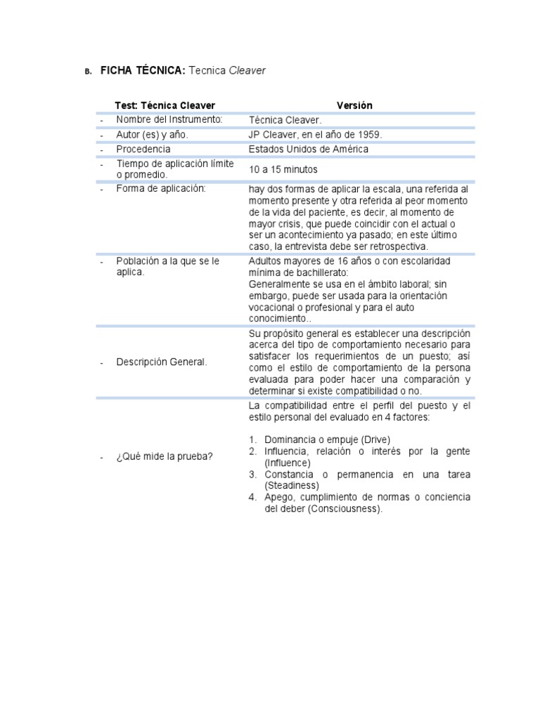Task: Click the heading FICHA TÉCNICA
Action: pyautogui.click(x=143, y=70)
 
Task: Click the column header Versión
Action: pyautogui.click(x=355, y=105)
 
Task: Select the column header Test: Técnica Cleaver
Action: pyautogui.click(x=165, y=105)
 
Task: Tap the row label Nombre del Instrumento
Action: pyautogui.click(x=169, y=119)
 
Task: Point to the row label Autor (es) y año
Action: pyautogui.click(x=153, y=134)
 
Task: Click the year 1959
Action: pyautogui.click(x=370, y=134)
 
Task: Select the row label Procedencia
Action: pyautogui.click(x=143, y=149)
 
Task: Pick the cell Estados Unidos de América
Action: pyautogui.click(x=308, y=149)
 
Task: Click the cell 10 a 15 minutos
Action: pyautogui.click(x=283, y=169)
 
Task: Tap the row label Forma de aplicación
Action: pyautogui.click(x=161, y=189)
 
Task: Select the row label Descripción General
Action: pyautogui.click(x=162, y=362)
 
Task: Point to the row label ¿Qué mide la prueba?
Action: pyautogui.click(x=165, y=457)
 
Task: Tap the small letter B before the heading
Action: pyautogui.click(x=88, y=72)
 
